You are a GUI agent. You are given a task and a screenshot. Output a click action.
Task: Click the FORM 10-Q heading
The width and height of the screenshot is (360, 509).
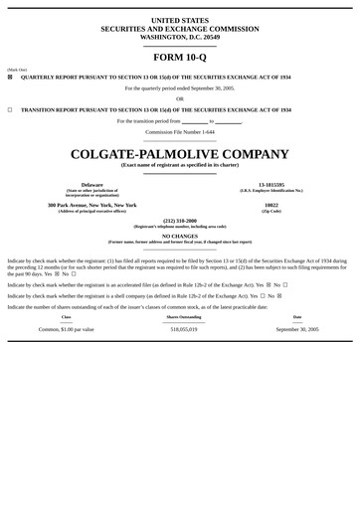[180, 57]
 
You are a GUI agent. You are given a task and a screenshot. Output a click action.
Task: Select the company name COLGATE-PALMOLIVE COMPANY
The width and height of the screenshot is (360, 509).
[180, 153]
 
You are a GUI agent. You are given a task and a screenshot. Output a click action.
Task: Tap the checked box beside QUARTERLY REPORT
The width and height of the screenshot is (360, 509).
[10, 77]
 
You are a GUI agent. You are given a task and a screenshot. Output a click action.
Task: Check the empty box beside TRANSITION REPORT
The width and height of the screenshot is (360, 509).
[10, 110]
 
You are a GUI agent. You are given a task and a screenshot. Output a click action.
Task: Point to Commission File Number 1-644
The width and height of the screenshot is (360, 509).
[180, 131]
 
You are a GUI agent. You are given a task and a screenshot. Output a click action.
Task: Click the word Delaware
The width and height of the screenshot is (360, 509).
[92, 185]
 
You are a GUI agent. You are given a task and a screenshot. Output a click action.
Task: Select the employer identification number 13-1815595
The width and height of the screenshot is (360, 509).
[271, 185]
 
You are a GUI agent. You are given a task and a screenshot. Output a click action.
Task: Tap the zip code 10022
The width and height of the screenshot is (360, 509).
[271, 205]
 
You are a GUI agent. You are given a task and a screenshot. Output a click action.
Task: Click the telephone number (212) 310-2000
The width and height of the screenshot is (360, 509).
[180, 221]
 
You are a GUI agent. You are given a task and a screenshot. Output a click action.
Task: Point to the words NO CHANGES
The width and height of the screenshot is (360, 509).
[180, 236]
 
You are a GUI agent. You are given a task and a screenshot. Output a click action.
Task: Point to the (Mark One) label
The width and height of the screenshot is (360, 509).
[17, 70]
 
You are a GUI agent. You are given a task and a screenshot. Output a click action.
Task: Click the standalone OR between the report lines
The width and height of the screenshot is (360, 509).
[180, 98]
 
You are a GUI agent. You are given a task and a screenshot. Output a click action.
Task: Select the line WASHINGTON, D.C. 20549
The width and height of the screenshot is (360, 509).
[180, 37]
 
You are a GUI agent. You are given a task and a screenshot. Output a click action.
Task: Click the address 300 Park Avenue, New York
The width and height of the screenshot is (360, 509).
[92, 205]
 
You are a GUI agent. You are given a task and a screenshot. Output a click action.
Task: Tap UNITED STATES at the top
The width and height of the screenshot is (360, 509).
[180, 20]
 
